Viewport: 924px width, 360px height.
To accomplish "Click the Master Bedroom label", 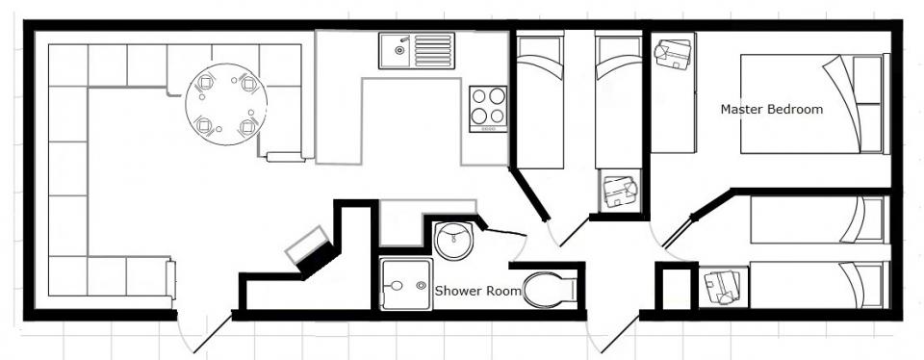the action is tap(772, 109).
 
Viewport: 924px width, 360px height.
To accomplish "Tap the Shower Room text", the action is tap(478, 291).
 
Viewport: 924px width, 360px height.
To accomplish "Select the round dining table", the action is tap(226, 104).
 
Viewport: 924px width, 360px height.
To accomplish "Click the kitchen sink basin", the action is tap(396, 50).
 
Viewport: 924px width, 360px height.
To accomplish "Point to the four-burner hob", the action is tap(489, 109).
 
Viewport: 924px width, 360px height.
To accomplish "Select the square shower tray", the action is tap(406, 284).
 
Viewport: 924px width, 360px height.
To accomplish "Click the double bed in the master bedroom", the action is tap(814, 104).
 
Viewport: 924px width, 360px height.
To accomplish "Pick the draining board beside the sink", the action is tap(434, 50).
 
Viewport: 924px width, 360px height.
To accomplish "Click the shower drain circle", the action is tap(422, 285).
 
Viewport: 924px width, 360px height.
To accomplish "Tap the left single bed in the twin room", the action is tap(540, 99).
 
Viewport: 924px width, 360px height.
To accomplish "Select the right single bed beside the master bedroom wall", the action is tap(618, 99).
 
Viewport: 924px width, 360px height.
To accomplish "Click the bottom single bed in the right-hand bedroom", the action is tap(819, 285).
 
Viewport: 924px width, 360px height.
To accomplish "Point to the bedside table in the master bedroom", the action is tap(674, 54).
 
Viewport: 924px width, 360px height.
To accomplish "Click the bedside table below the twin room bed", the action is tap(620, 190).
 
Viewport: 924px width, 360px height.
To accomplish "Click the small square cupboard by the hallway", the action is tap(677, 288).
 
